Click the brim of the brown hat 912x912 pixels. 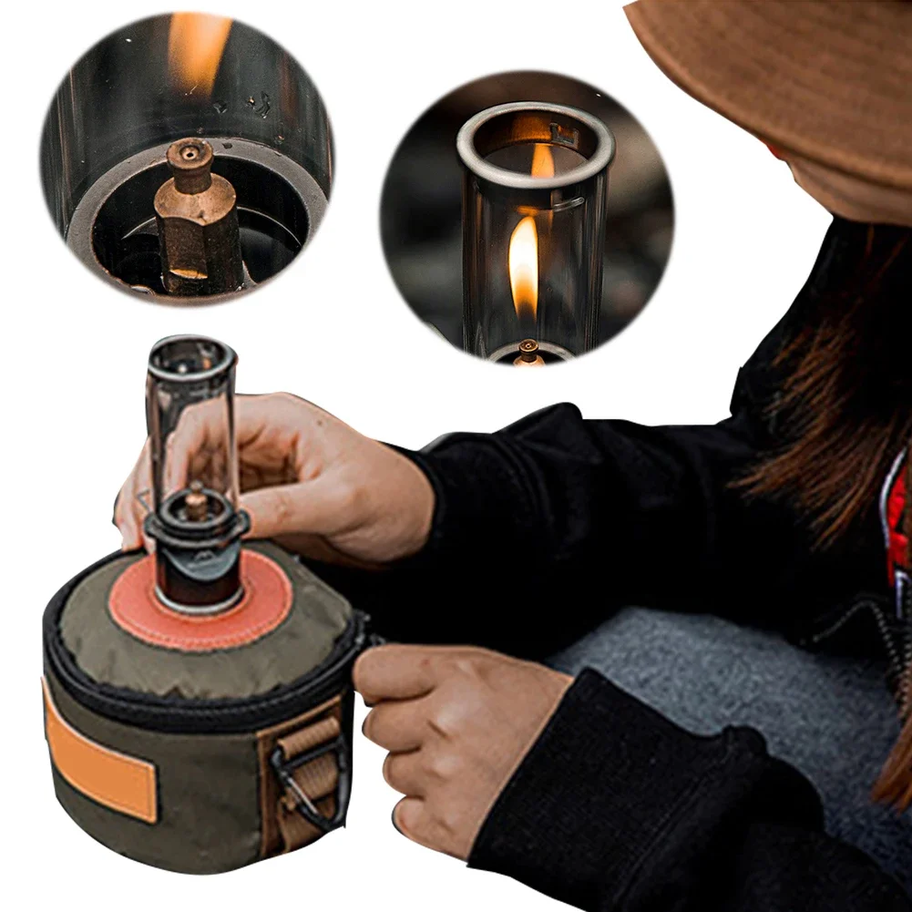774,73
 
